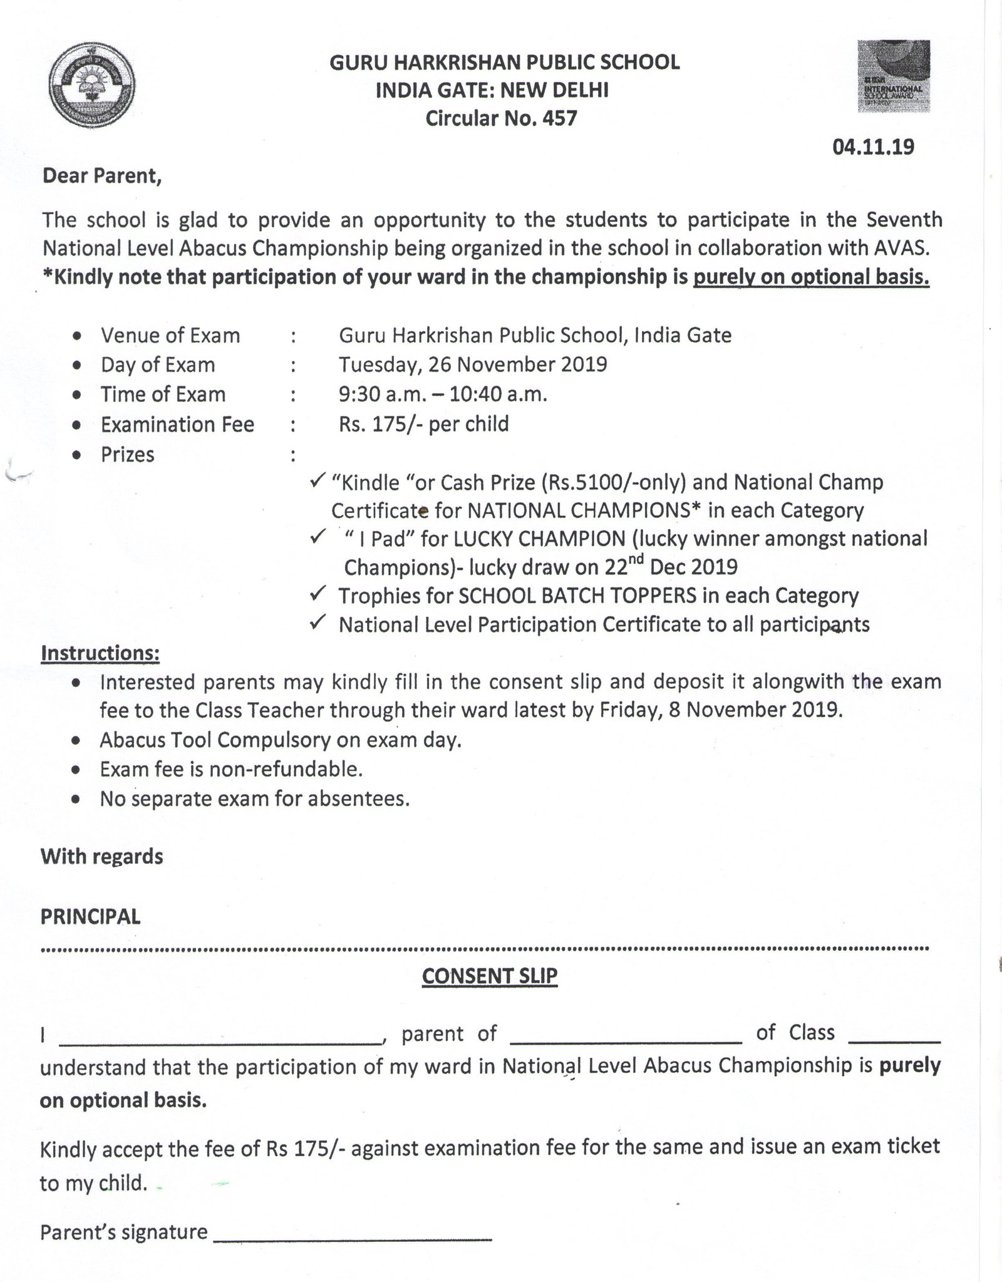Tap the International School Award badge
894,76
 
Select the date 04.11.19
873,147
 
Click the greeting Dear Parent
102,177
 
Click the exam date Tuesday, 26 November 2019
473,364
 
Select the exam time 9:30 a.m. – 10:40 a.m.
443,395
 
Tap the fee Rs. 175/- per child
423,424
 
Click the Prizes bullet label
128,455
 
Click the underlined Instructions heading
100,653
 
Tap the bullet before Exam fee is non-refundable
76,770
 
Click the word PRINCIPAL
91,917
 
